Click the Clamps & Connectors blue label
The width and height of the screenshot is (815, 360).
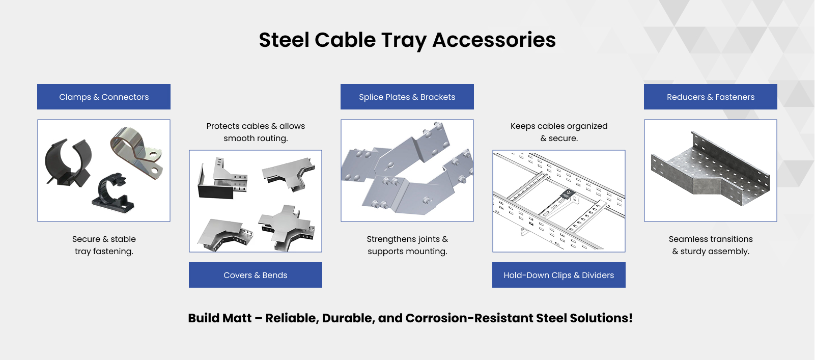tap(104, 97)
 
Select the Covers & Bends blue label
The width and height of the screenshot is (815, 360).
tap(256, 275)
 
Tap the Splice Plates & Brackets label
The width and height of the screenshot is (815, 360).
tap(407, 97)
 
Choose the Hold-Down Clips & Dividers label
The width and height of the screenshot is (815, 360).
tap(559, 275)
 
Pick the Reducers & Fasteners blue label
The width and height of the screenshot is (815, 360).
tap(711, 97)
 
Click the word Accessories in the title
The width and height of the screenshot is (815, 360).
tap(494, 40)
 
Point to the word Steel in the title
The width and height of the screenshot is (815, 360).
tap(284, 40)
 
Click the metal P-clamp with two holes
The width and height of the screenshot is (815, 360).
tap(137, 153)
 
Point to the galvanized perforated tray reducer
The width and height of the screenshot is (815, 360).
tap(710, 169)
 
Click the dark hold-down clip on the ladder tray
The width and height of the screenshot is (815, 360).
tap(567, 194)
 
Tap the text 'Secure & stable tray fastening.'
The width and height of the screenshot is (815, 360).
tap(104, 245)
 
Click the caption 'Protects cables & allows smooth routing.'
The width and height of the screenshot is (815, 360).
tap(256, 132)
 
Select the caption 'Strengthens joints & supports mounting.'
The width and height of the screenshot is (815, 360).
tap(407, 245)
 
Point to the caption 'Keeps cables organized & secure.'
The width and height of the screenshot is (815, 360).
tap(559, 132)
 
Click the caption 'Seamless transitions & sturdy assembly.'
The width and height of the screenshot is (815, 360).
tap(711, 245)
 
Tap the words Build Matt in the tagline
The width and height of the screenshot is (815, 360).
tap(220, 318)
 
